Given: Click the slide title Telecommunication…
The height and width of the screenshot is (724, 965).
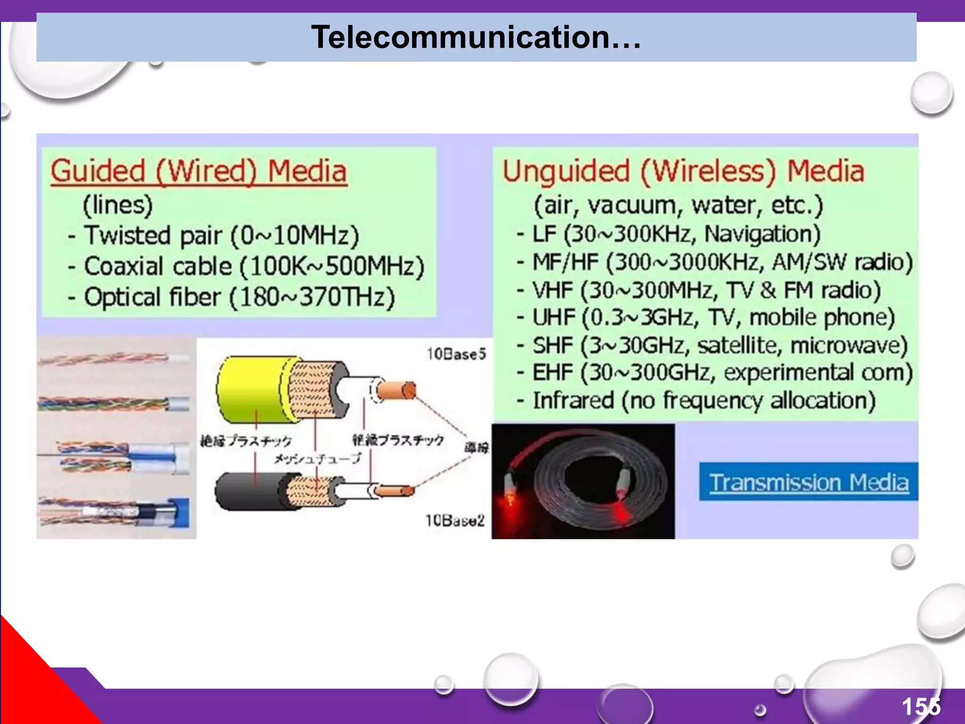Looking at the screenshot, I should tap(476, 37).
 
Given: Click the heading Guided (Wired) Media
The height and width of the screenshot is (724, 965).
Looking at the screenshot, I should tap(199, 171).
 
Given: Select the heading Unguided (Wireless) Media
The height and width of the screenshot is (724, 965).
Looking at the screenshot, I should tap(683, 171).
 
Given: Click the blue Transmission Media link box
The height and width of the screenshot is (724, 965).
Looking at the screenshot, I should tap(809, 482).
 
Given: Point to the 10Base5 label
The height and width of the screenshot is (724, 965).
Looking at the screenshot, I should tap(456, 354).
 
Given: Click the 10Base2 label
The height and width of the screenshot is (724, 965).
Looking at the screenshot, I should tap(455, 520).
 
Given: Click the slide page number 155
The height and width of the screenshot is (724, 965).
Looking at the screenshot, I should tap(921, 707).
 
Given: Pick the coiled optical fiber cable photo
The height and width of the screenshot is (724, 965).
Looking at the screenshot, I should tap(583, 481).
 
